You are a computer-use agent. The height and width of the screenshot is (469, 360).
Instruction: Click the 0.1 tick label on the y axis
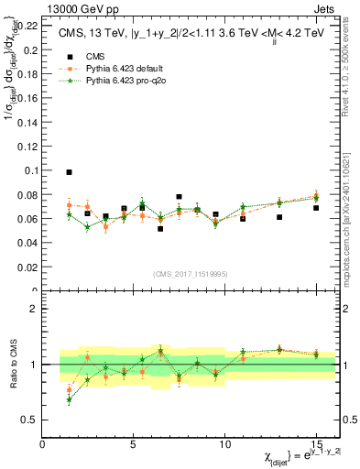[x=31, y=170]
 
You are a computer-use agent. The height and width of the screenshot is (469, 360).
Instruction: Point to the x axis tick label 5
[x=135, y=446]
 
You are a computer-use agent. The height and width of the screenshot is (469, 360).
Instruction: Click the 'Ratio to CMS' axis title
[x=12, y=365]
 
